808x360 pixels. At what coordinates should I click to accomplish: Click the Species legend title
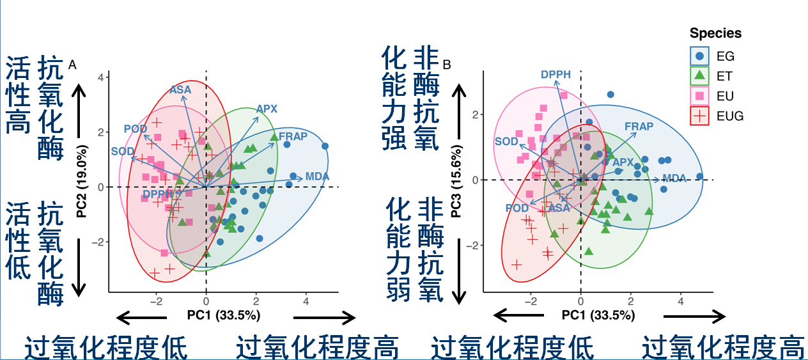pyautogui.click(x=715, y=33)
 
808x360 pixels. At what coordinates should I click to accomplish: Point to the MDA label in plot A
pyautogui.click(x=317, y=176)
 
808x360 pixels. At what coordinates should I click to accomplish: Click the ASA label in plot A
pyautogui.click(x=180, y=90)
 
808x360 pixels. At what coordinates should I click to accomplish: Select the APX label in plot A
pyautogui.click(x=267, y=109)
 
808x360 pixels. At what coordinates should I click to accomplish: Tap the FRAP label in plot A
pyautogui.click(x=293, y=136)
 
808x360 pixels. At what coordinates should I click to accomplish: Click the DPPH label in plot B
pyautogui.click(x=555, y=75)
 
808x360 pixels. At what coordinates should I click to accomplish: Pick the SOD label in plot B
pyautogui.click(x=506, y=142)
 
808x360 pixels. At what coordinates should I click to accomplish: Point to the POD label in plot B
pyautogui.click(x=517, y=208)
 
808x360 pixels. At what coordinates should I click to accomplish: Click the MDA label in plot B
pyautogui.click(x=674, y=178)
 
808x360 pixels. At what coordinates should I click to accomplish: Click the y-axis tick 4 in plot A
pyautogui.click(x=100, y=77)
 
